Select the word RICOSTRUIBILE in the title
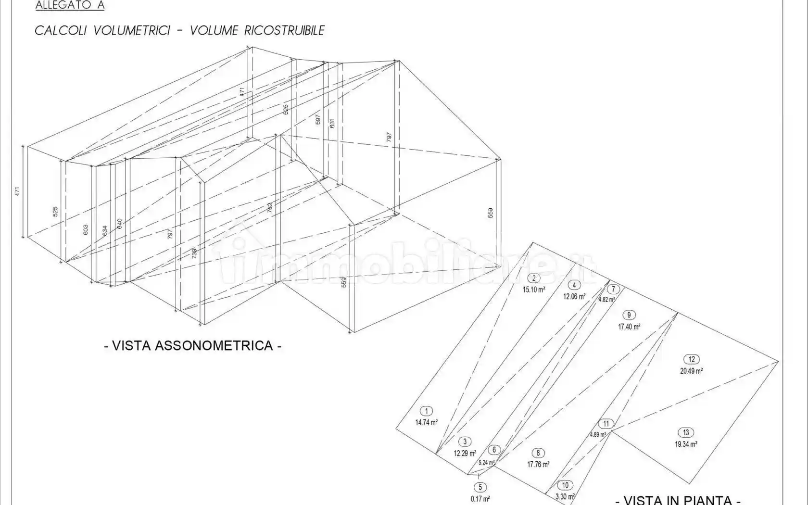pyautogui.click(x=284, y=31)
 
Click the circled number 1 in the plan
pyautogui.click(x=426, y=411)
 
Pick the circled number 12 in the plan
pyautogui.click(x=692, y=359)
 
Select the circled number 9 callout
pyautogui.click(x=629, y=315)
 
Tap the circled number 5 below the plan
pyautogui.click(x=480, y=487)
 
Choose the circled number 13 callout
pyautogui.click(x=686, y=432)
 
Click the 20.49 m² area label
pyautogui.click(x=692, y=371)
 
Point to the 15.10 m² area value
pyautogui.click(x=534, y=290)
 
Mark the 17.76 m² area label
pyautogui.click(x=538, y=464)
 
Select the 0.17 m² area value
pyautogui.click(x=480, y=499)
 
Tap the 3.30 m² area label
pyautogui.click(x=565, y=496)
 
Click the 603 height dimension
pyautogui.click(x=86, y=230)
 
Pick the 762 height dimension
pyautogui.click(x=270, y=208)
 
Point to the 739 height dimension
pyautogui.click(x=194, y=253)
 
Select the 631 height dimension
pyautogui.click(x=332, y=123)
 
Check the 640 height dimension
pyautogui.click(x=119, y=224)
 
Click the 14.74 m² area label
pyautogui.click(x=426, y=422)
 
